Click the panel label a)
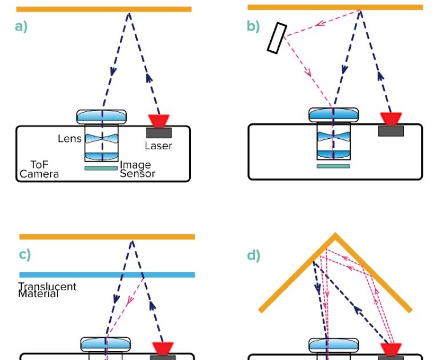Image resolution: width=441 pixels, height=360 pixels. tap(21, 27)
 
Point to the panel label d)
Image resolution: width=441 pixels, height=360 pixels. tap(253, 255)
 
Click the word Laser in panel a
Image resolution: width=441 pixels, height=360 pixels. tap(158, 146)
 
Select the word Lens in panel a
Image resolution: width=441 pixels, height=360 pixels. tap(70, 138)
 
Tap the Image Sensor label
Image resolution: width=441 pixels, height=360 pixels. tap(137, 169)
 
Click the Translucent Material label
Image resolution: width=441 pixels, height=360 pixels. tap(47, 290)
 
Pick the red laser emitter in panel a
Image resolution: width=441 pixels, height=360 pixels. tap(158, 121)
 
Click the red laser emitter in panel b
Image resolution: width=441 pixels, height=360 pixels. tap(391, 119)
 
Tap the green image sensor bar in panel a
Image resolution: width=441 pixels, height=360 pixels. tap(101, 168)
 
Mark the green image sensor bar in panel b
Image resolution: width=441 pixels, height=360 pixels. tap(333, 166)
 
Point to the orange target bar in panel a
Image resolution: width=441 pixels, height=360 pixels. tap(103, 9)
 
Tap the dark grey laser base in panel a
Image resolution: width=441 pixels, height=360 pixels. tap(158, 133)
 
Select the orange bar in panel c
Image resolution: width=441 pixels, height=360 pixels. tap(107, 237)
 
